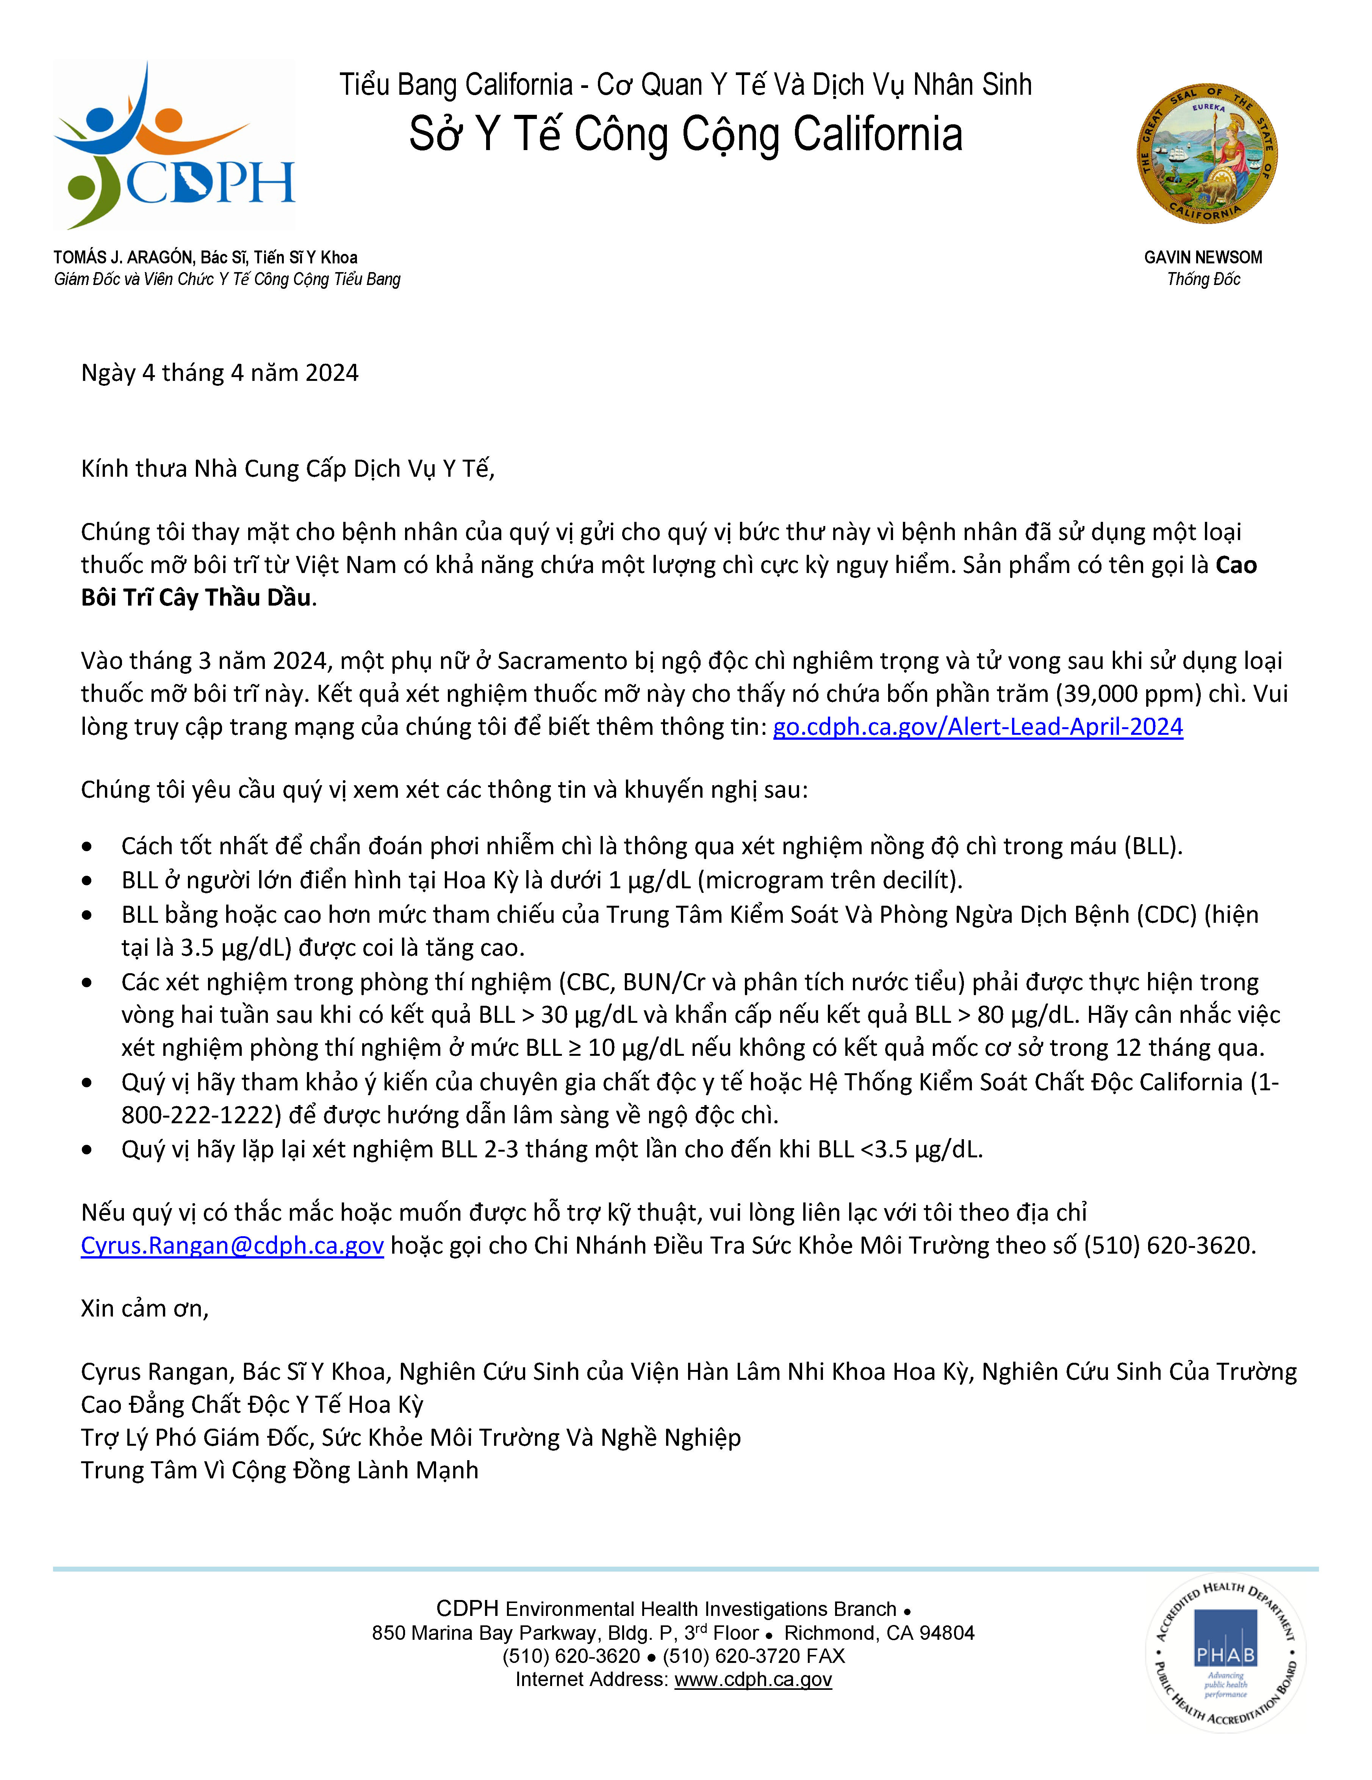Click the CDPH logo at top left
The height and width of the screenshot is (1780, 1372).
(174, 145)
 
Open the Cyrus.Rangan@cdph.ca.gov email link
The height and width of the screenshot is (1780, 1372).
(232, 1245)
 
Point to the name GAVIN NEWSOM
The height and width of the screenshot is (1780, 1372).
(1203, 258)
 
